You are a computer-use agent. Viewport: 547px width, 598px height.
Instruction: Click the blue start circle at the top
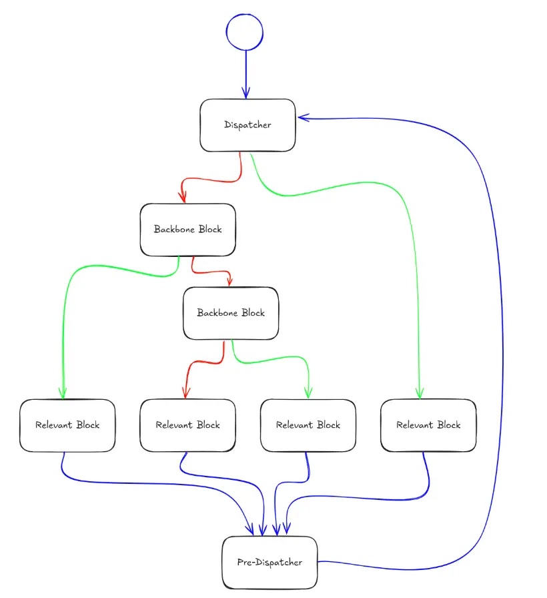tap(245, 32)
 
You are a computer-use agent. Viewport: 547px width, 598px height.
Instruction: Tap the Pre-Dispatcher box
tap(269, 562)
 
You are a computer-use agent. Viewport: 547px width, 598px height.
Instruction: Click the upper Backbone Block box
tap(187, 230)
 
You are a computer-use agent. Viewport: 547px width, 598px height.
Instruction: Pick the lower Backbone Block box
tap(231, 313)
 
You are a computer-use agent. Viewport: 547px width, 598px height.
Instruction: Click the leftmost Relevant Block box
tap(67, 425)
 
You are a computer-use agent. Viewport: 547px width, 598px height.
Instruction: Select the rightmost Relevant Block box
tap(428, 425)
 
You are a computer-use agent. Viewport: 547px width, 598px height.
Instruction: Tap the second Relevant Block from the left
tap(187, 425)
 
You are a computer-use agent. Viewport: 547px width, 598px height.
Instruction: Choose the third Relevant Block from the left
tap(308, 425)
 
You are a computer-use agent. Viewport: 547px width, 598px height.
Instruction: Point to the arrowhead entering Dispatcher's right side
tap(304, 118)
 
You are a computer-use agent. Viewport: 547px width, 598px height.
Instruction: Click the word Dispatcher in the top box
tap(247, 125)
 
